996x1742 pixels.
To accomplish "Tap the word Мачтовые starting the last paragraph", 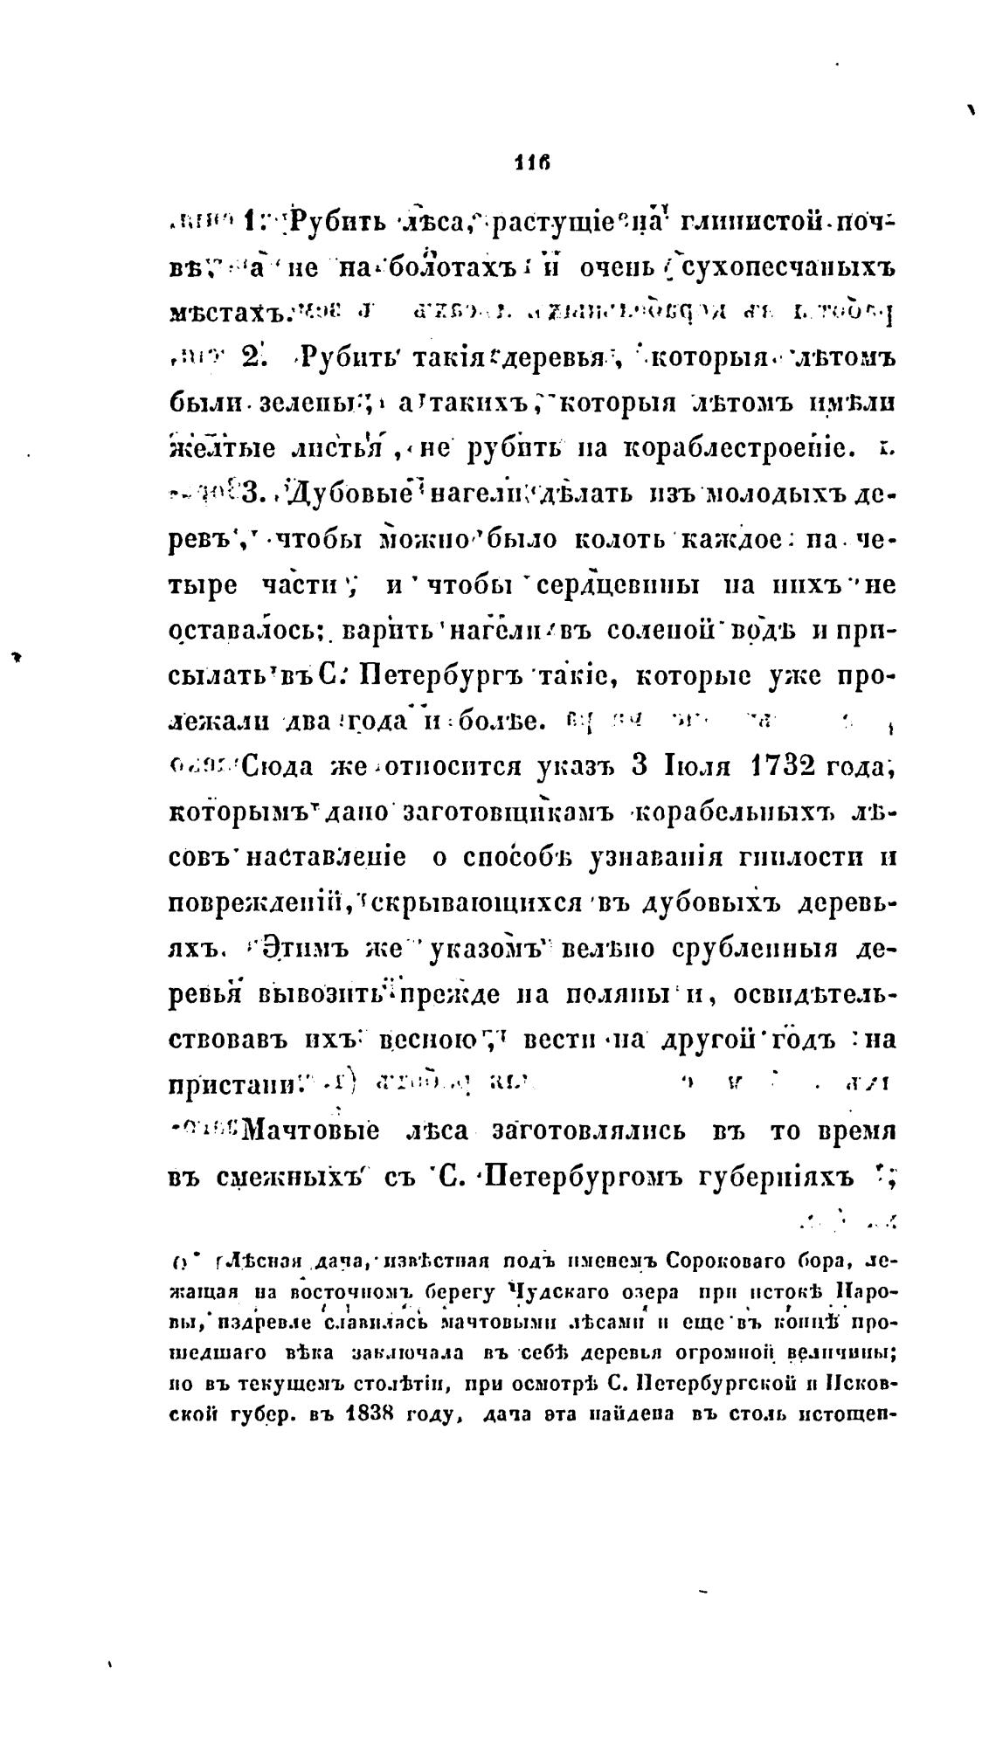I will pos(311,1131).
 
